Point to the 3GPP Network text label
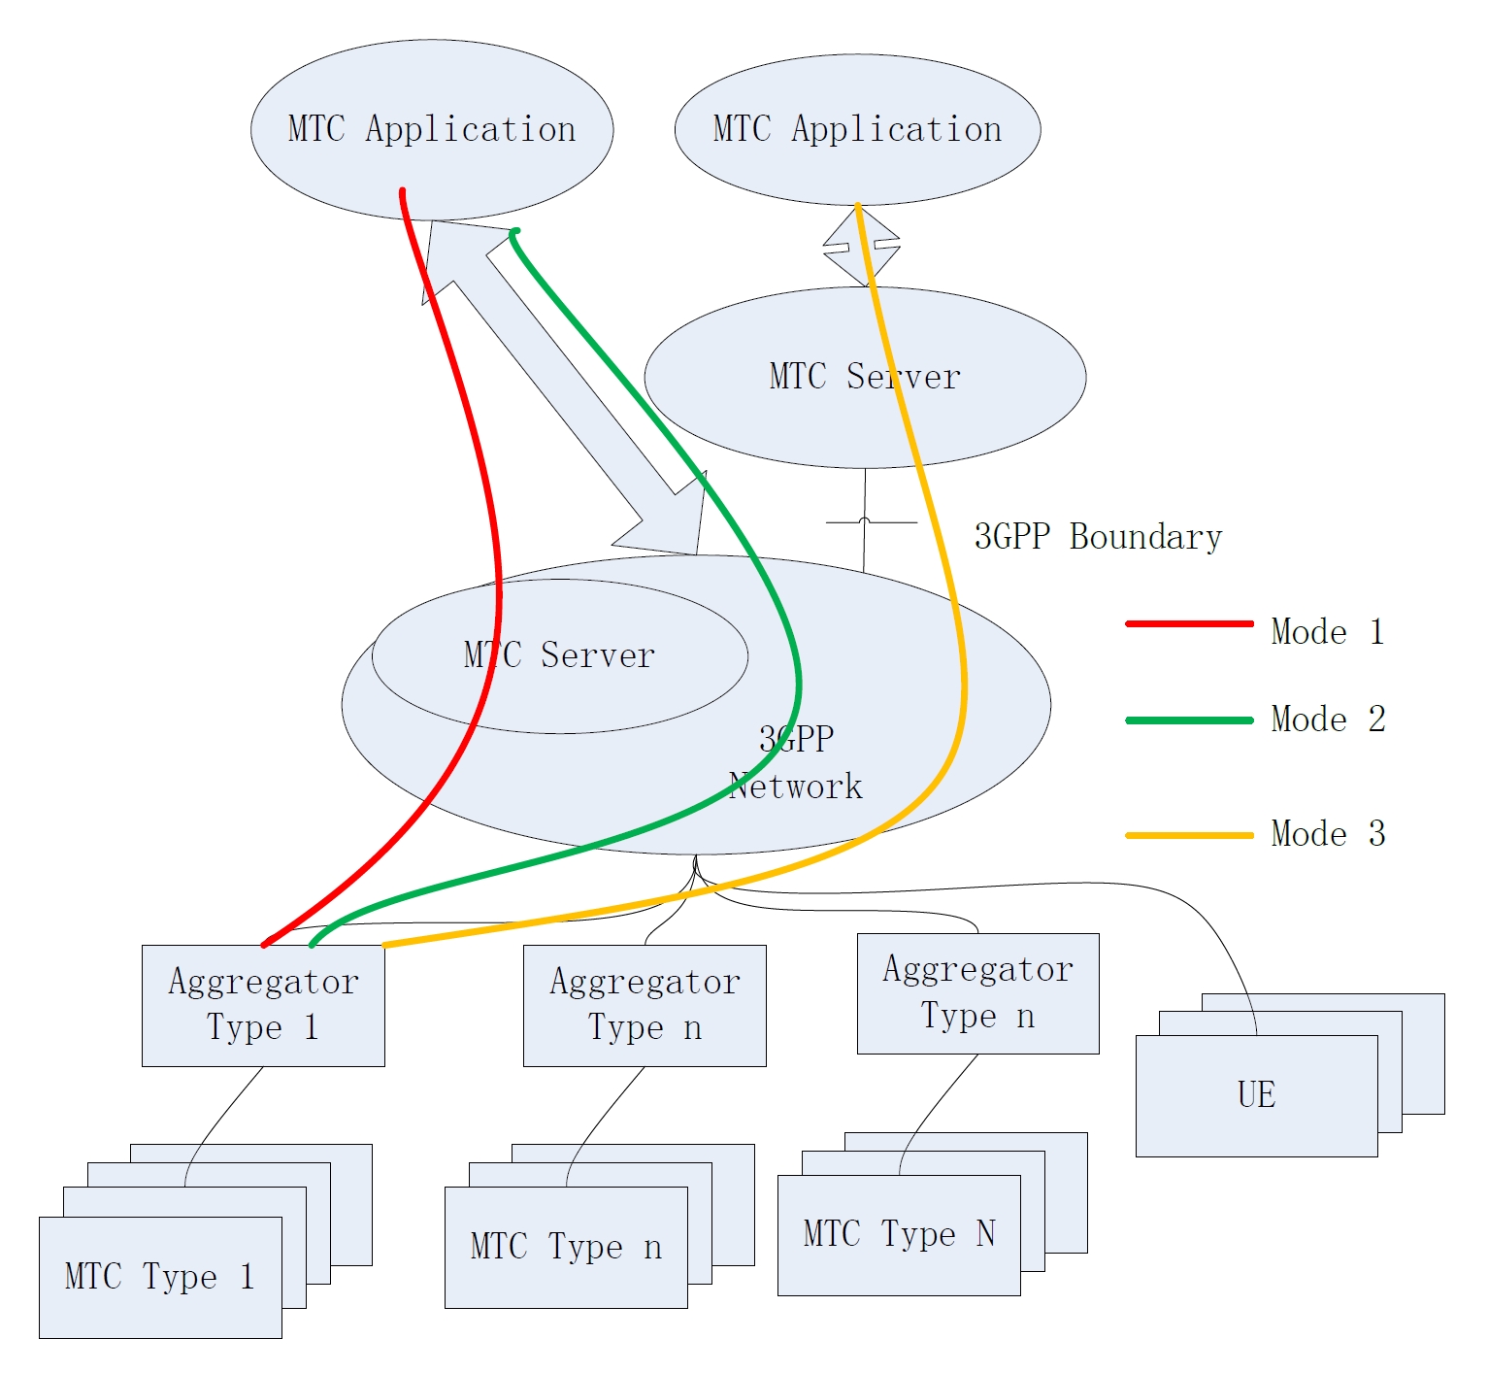[x=796, y=763]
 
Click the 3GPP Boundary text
[x=1098, y=537]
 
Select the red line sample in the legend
[x=1189, y=623]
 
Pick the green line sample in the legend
[x=1189, y=720]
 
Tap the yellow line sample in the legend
[x=1189, y=835]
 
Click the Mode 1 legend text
[x=1327, y=632]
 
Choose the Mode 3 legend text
[x=1327, y=834]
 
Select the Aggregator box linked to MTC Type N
[x=977, y=993]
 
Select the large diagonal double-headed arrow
[x=563, y=388]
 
